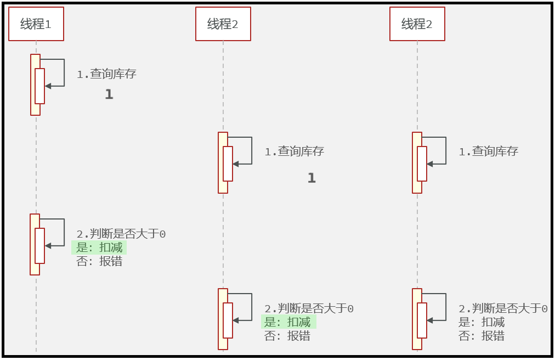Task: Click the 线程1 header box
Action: [x=36, y=24]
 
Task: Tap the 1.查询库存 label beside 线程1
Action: [x=106, y=74]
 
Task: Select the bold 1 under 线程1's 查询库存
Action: [x=109, y=94]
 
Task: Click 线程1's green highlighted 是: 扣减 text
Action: [x=99, y=248]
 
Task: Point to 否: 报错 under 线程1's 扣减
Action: [x=99, y=261]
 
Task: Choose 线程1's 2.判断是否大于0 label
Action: [x=121, y=234]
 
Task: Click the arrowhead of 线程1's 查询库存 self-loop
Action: [x=48, y=86]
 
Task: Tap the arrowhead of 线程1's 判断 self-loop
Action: [x=48, y=246]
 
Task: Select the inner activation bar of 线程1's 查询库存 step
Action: [x=39, y=86]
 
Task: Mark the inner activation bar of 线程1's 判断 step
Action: [x=39, y=246]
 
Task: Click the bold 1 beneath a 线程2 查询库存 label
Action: [x=312, y=178]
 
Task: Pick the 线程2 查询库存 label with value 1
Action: [x=295, y=151]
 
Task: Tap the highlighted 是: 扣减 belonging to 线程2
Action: [x=288, y=322]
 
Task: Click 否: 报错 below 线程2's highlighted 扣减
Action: [x=287, y=336]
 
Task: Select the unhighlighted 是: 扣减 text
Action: [x=482, y=322]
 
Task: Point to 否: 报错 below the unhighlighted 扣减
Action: [x=482, y=336]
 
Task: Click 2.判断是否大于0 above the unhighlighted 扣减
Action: [x=503, y=308]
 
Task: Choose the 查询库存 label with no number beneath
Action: [x=489, y=151]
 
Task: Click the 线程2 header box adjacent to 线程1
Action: [x=223, y=24]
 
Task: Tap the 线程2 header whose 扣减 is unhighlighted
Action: [x=417, y=24]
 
